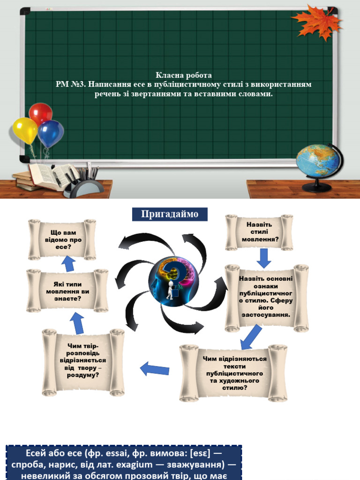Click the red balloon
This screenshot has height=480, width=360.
pyautogui.click(x=41, y=113)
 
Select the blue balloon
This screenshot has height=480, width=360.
pyautogui.click(x=50, y=133)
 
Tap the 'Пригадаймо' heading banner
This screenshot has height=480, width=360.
pyautogui.click(x=170, y=214)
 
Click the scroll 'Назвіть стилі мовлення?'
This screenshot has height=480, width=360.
pyautogui.click(x=259, y=232)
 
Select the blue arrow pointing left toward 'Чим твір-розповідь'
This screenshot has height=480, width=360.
pyautogui.click(x=154, y=369)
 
